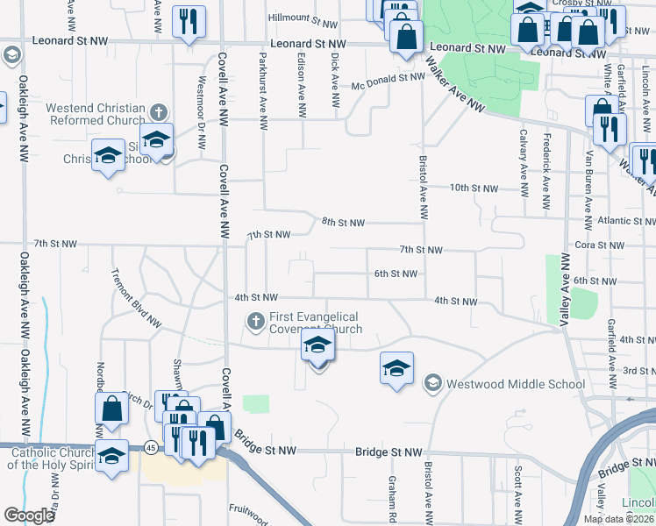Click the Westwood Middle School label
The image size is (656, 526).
[515, 384]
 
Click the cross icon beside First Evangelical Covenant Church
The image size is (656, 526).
[256, 322]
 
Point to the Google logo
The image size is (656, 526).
[29, 515]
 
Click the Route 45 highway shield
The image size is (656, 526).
[152, 448]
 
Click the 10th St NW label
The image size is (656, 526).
[474, 188]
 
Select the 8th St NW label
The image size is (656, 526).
[343, 223]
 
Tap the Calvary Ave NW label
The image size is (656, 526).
[523, 160]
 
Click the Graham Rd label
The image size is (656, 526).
[392, 496]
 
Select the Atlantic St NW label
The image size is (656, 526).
[623, 221]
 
